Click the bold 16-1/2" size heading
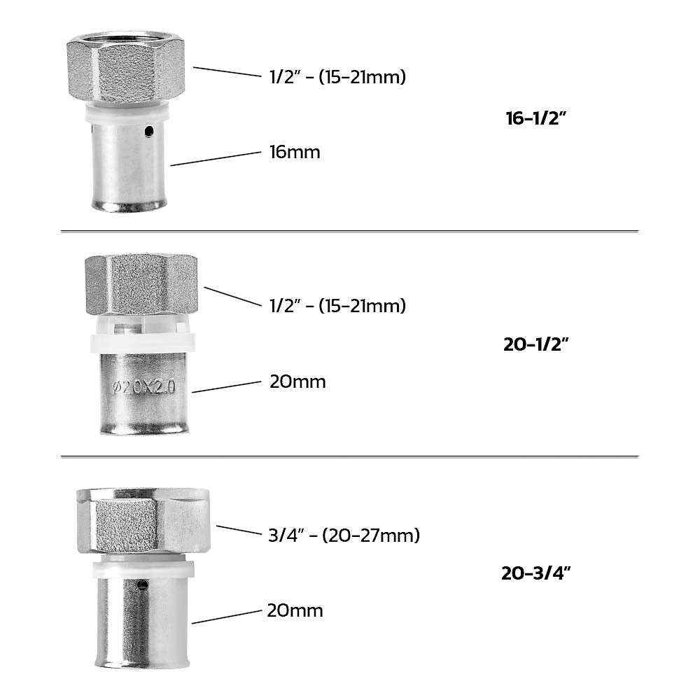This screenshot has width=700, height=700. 535,118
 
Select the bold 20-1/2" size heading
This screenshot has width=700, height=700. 535,344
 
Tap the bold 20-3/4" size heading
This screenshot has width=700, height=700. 535,573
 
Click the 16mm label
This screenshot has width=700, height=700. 295,152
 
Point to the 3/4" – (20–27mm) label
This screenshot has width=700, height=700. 344,535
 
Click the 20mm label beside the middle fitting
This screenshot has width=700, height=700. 297,381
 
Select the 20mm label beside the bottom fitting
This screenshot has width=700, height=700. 295,610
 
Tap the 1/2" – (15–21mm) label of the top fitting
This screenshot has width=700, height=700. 337,76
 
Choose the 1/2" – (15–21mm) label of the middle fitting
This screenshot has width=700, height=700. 337,306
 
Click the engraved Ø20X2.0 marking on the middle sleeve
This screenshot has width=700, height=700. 143,386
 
